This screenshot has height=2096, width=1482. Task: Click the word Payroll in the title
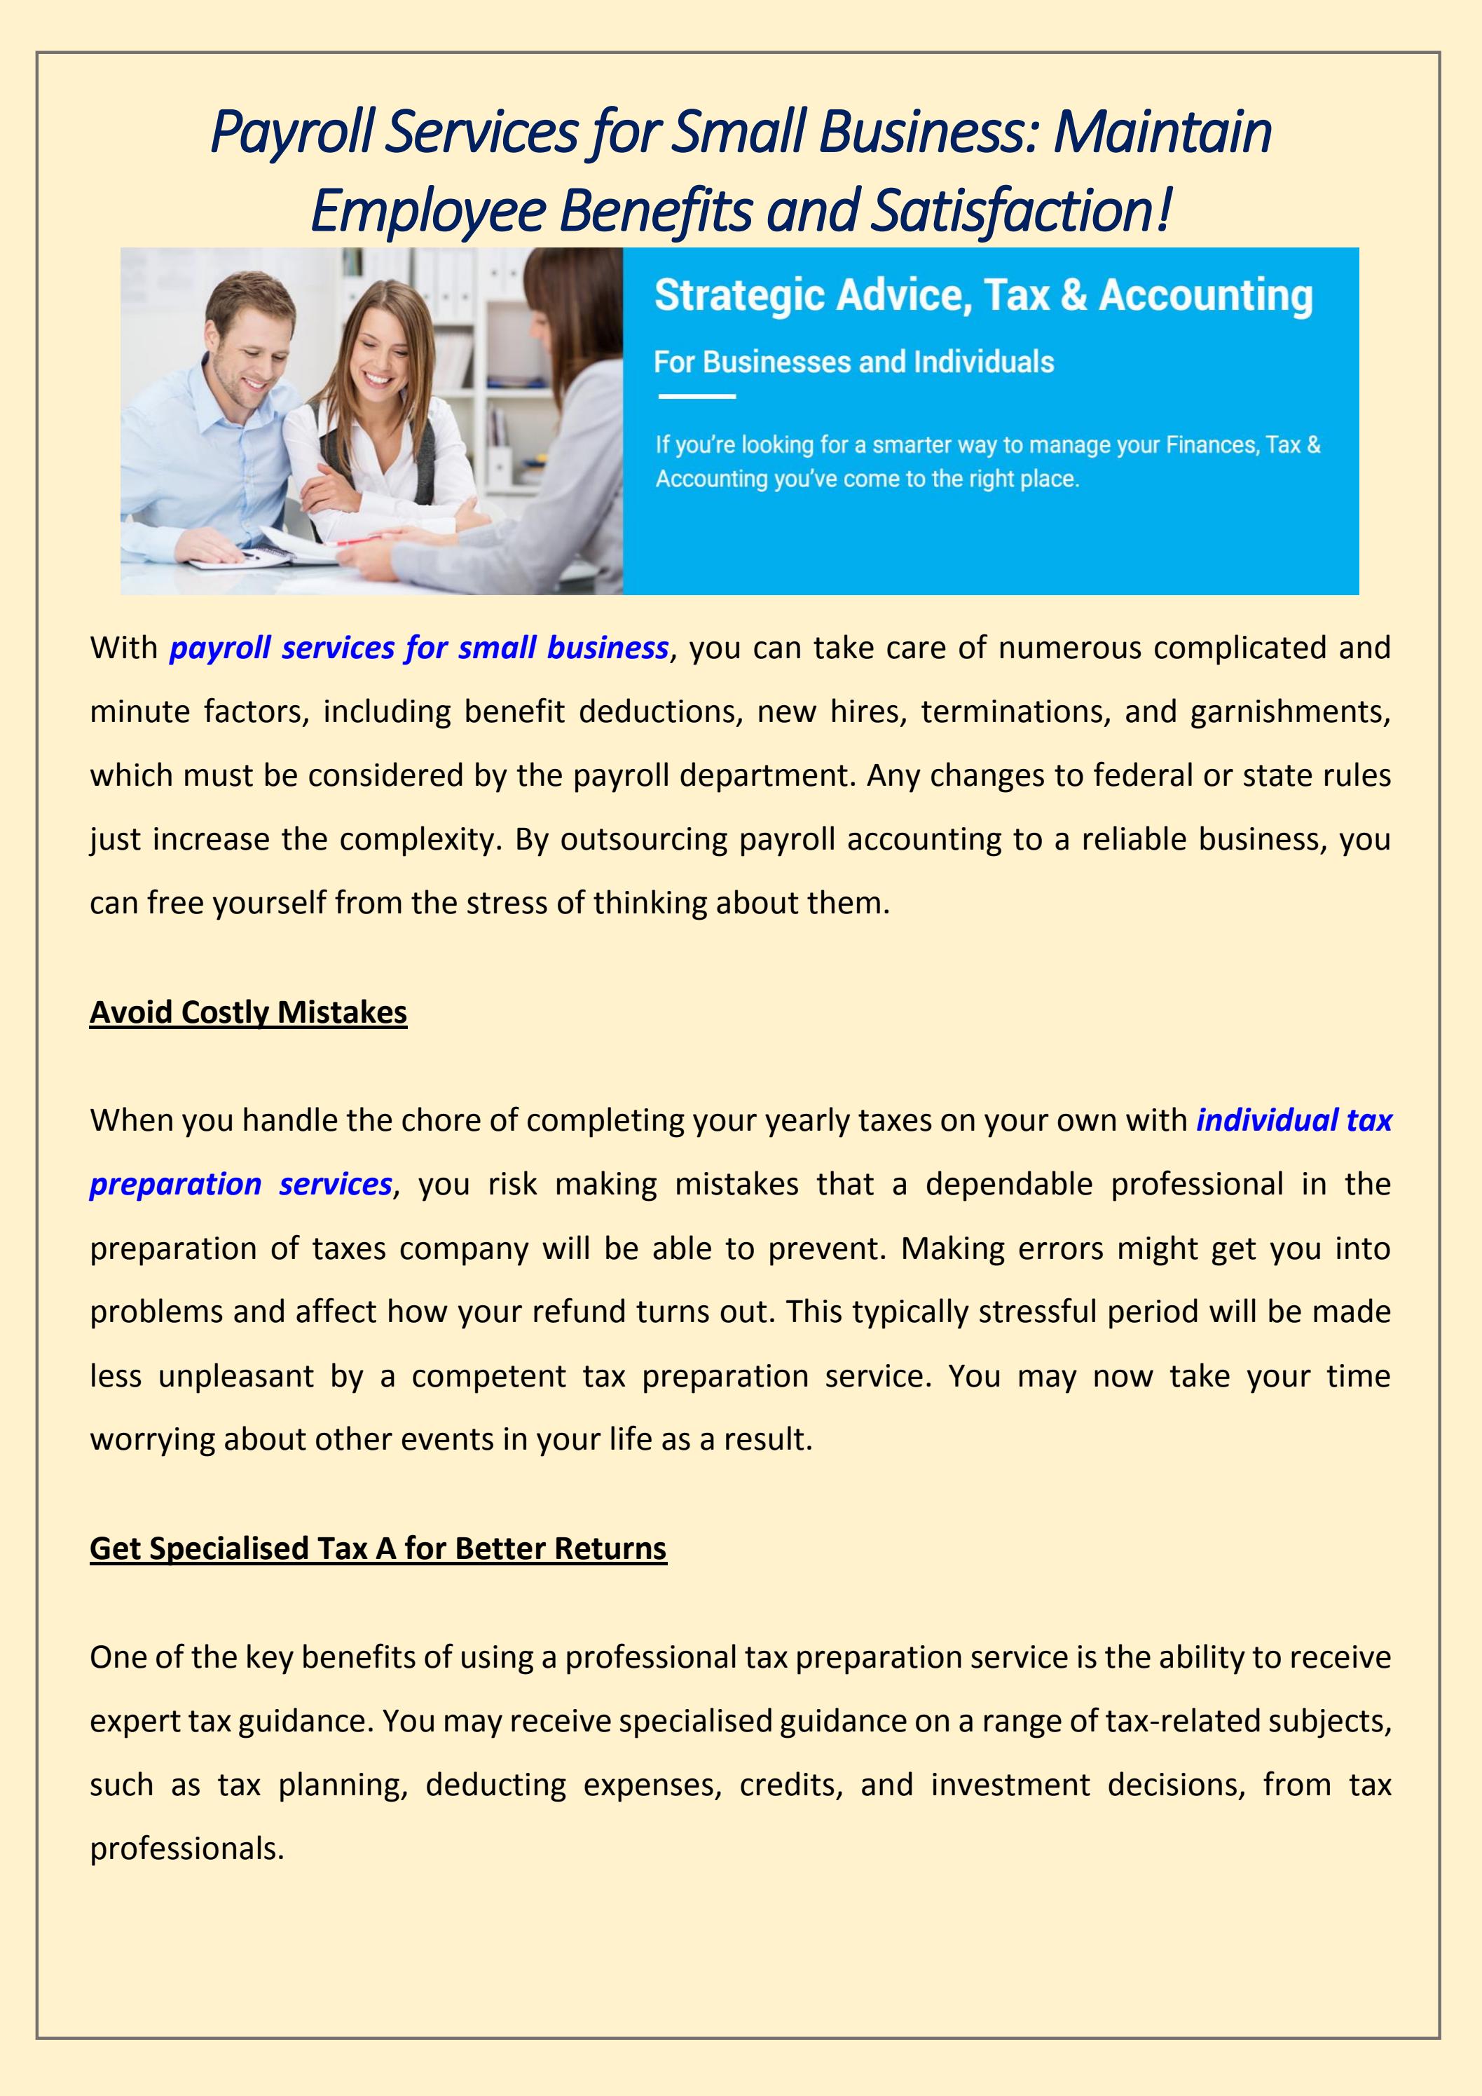pos(293,132)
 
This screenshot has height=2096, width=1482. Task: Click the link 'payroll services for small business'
pos(419,648)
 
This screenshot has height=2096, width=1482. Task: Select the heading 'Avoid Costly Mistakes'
pos(248,1012)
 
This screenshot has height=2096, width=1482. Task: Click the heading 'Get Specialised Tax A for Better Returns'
pos(378,1549)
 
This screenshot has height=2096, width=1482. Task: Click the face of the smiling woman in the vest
pos(387,342)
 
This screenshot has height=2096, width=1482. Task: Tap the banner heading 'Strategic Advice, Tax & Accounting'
pos(983,296)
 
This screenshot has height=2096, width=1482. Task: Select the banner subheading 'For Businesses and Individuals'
pos(853,362)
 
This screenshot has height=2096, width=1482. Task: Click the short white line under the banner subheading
pos(697,396)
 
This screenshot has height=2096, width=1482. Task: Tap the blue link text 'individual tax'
pos(1293,1120)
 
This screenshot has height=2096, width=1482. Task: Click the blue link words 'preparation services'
pos(241,1184)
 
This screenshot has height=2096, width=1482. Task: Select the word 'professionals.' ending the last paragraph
pos(187,1849)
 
